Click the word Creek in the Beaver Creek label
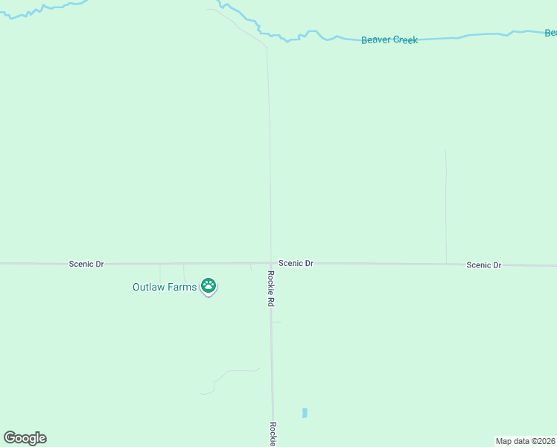405,40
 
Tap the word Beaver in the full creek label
376,40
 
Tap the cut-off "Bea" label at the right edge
550,33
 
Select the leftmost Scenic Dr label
86,264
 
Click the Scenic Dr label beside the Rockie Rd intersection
296,263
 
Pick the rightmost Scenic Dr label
484,265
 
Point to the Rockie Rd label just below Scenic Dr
271,288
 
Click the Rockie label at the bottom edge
273,434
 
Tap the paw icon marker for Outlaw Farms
209,285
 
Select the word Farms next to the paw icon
182,287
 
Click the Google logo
25,438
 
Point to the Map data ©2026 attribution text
525,441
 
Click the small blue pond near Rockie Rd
305,413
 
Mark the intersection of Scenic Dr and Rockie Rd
270,263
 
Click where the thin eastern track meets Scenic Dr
446,264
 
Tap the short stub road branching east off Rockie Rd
277,322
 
